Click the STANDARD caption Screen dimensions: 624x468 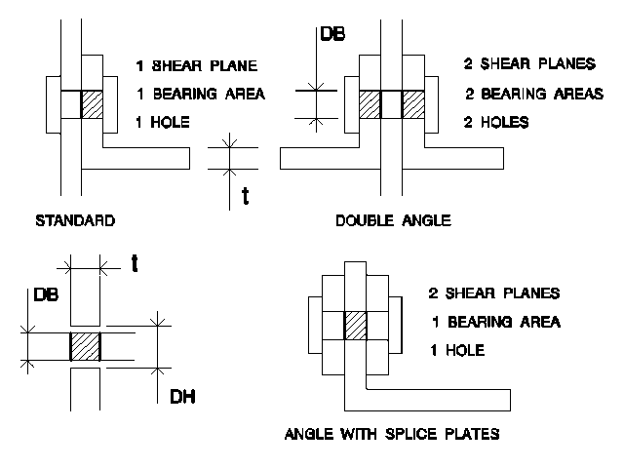[75, 220]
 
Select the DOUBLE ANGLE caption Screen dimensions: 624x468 [393, 220]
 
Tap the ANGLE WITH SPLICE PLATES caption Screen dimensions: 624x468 [392, 433]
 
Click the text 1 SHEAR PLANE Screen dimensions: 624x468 [197, 65]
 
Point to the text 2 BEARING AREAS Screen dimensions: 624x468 [534, 94]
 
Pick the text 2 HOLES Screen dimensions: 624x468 [496, 122]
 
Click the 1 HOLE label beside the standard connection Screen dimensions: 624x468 [163, 122]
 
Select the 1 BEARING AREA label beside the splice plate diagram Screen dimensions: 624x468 [496, 322]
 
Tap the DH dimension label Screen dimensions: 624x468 [182, 397]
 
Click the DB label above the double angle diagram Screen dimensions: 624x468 [332, 34]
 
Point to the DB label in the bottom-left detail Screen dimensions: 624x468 [46, 294]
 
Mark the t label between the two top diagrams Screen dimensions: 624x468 [246, 196]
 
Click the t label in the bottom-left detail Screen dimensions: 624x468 [135, 263]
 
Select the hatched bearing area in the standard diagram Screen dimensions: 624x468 [93, 104]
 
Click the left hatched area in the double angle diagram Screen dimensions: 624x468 [370, 104]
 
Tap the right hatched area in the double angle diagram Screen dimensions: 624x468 [413, 104]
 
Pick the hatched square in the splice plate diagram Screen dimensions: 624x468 [355, 326]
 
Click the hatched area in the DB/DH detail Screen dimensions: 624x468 [85, 347]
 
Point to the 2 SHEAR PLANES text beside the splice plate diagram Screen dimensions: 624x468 [494, 293]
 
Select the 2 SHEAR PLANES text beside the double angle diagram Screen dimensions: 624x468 [529, 63]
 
